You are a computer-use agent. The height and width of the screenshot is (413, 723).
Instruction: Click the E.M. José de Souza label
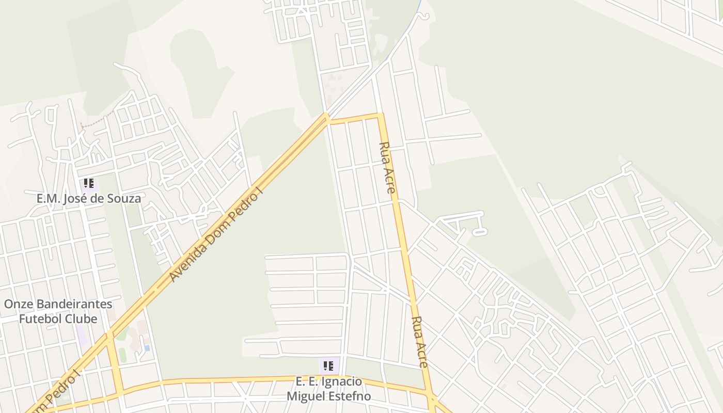coord(88,198)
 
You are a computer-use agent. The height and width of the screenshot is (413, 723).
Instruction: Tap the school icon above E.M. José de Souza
coord(89,183)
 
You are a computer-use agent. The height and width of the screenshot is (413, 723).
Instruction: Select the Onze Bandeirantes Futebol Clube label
coord(58,311)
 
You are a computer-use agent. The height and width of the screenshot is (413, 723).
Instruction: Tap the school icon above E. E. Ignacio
coord(328,366)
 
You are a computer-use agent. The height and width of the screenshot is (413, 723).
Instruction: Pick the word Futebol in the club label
coord(40,319)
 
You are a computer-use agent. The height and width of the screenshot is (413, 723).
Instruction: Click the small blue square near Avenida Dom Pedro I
coord(147,348)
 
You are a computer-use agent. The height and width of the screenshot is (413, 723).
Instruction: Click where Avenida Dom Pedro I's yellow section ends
coord(326,116)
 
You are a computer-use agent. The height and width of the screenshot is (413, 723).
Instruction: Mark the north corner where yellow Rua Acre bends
coord(381,115)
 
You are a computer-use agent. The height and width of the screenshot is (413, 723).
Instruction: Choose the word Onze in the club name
coord(15,304)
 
